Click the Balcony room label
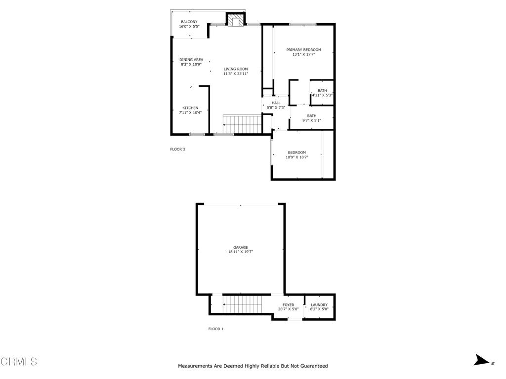pyautogui.click(x=189, y=22)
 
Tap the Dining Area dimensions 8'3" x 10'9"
pyautogui.click(x=191, y=65)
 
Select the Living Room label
pyautogui.click(x=235, y=69)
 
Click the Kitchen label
pyautogui.click(x=190, y=108)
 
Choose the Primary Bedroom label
pyautogui.click(x=304, y=49)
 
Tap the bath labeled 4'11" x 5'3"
pyautogui.click(x=322, y=95)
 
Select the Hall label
pyautogui.click(x=276, y=103)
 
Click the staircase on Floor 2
pyautogui.click(x=242, y=124)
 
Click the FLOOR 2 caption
pyautogui.click(x=178, y=149)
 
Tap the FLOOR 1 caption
pyautogui.click(x=216, y=329)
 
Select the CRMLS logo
pyautogui.click(x=19, y=362)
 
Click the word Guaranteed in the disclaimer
pyautogui.click(x=311, y=366)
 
